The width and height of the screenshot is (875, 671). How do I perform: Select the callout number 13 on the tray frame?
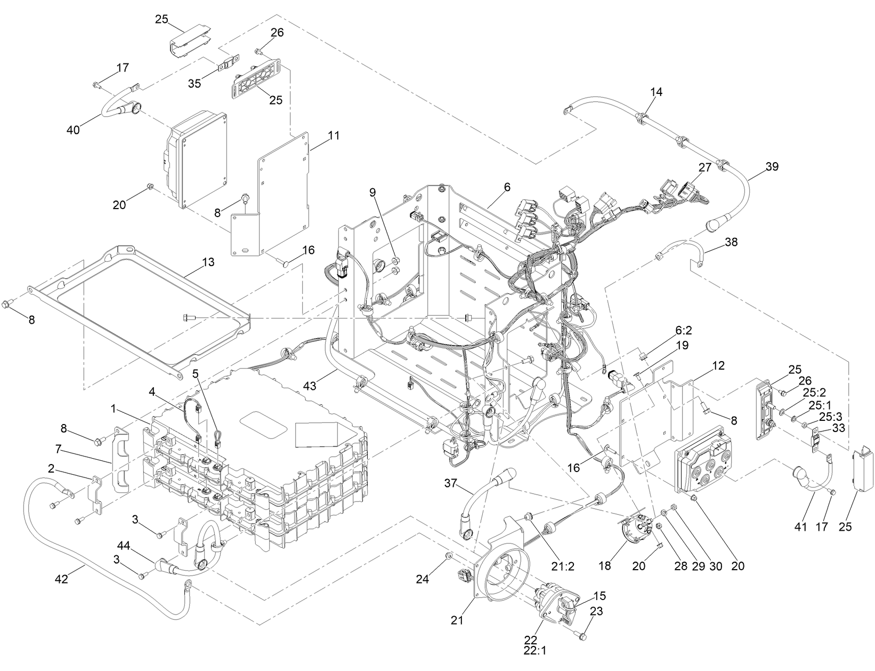pos(208,262)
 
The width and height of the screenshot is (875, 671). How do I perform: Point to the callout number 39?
pos(772,166)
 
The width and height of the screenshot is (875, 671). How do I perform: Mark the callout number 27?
pos(705,167)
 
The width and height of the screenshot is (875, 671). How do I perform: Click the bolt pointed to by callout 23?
pos(582,636)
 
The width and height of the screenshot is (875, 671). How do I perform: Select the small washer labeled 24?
pos(450,556)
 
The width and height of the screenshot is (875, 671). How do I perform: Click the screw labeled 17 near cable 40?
pos(96,84)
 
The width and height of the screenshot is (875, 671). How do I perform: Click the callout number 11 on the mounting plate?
pos(333,135)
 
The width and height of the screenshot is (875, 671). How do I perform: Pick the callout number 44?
pos(124,546)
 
